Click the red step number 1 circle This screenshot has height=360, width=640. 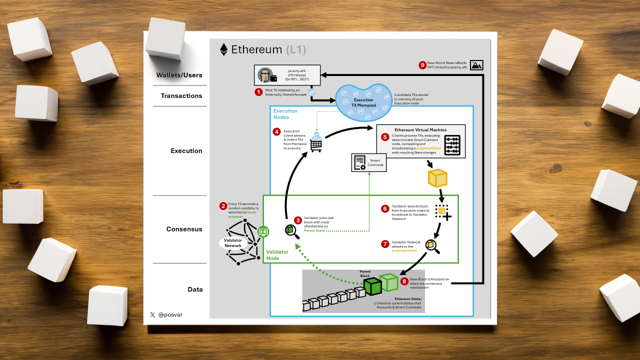[258, 92]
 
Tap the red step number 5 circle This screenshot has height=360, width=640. [384, 136]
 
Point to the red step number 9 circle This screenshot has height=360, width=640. [422, 65]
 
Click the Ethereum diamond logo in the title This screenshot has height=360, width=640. [223, 49]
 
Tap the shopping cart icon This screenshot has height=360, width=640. [316, 145]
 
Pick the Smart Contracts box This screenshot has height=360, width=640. [369, 162]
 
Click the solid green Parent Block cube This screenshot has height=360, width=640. [372, 286]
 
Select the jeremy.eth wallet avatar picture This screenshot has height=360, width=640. [265, 75]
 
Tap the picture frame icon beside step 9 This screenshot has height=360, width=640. [476, 65]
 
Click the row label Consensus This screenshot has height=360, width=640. [184, 229]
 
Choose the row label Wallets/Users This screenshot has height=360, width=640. [179, 75]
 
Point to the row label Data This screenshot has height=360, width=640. [195, 289]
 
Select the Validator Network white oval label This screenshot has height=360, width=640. [232, 243]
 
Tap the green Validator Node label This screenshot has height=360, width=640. [277, 255]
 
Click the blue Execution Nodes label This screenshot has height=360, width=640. [285, 114]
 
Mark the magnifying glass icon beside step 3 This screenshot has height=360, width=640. [291, 230]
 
